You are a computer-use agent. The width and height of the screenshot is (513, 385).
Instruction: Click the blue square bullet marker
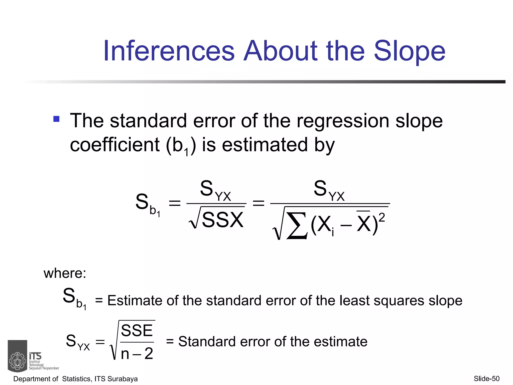56,119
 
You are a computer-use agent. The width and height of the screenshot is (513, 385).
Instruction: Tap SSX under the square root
222,220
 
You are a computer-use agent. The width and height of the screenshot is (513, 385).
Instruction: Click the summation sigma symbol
297,225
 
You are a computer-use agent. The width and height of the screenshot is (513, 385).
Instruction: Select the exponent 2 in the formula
381,217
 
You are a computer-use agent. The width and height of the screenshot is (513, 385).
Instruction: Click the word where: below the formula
65,273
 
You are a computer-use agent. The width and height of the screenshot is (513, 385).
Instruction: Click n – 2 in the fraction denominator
137,353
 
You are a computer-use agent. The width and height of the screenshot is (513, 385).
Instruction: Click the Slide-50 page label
487,378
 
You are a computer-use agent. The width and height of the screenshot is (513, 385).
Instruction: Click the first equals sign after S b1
175,203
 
